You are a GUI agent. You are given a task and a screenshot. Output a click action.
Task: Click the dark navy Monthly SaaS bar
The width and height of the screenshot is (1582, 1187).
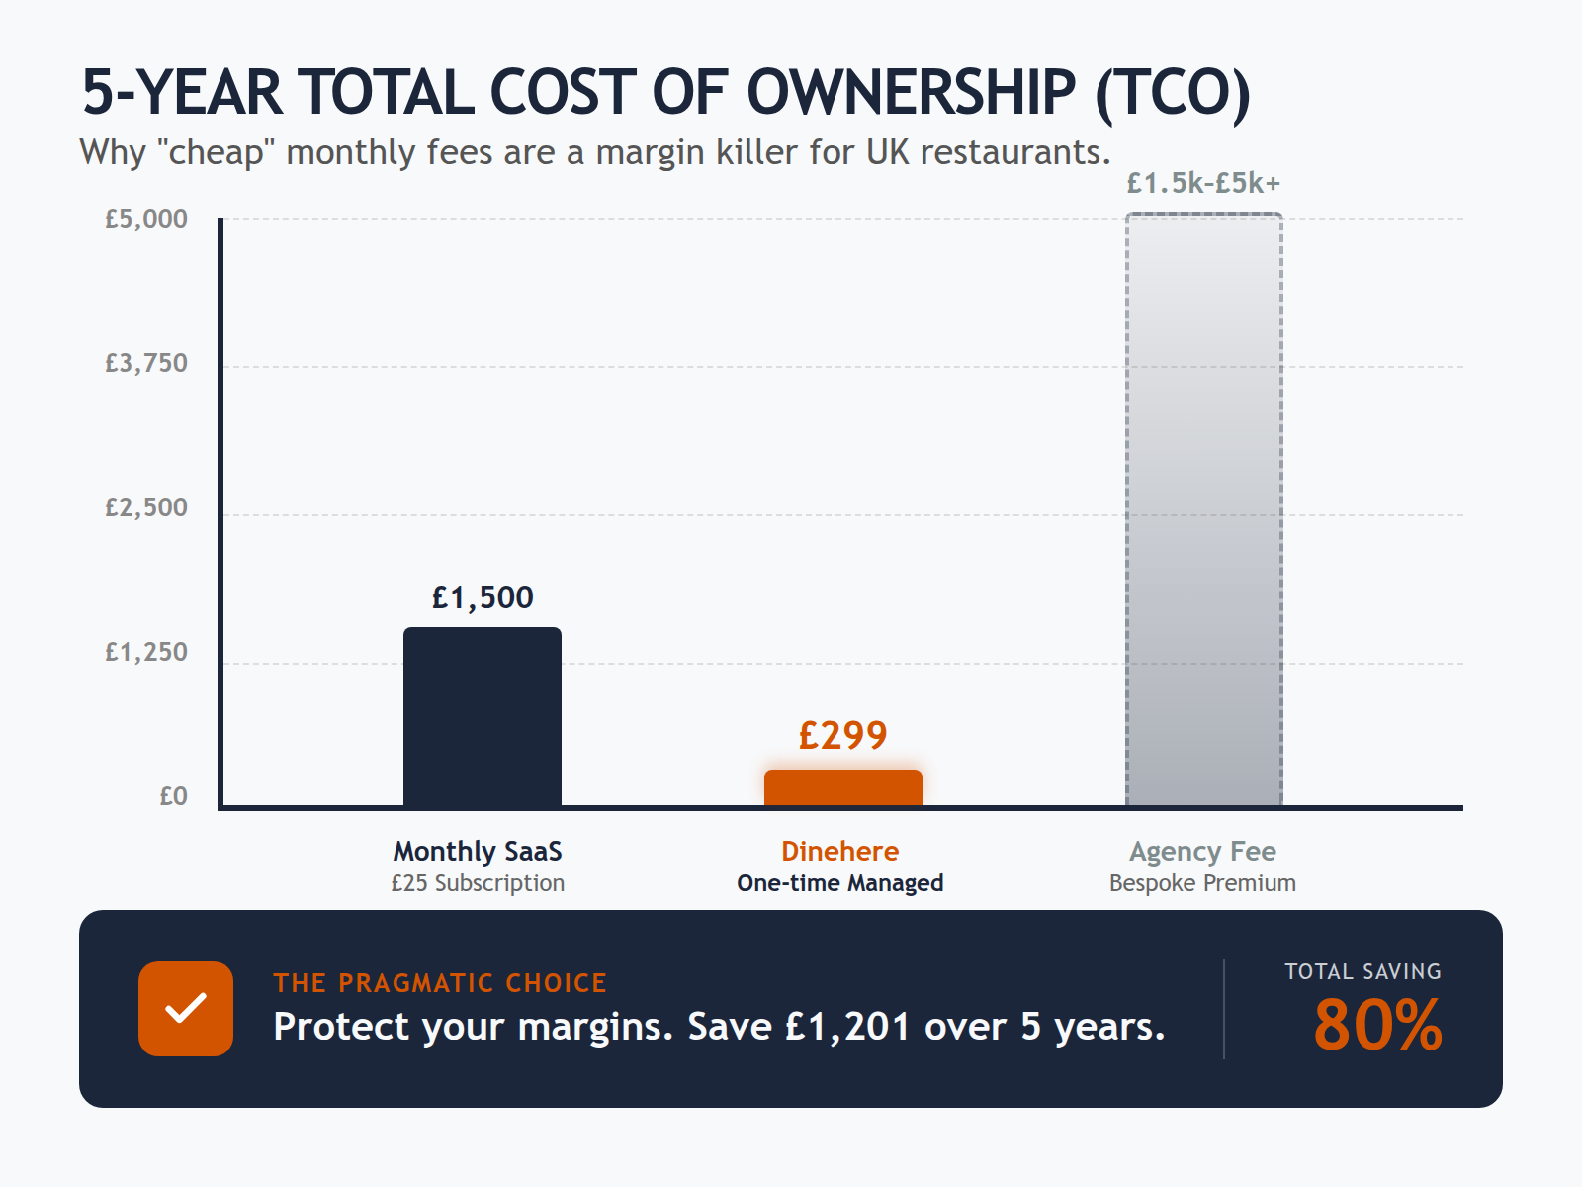pos(483,716)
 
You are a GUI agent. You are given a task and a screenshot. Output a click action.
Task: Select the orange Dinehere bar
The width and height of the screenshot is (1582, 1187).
pos(842,787)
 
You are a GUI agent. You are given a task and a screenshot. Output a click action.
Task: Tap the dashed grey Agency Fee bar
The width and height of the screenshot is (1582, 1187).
pos(1203,509)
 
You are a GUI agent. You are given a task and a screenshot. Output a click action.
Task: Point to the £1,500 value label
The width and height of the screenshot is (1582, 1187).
pos(483,597)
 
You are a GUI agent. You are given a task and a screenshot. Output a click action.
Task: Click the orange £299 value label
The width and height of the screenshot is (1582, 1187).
pos(842,735)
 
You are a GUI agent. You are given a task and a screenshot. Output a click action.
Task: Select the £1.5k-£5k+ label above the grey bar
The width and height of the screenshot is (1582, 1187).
pos(1203,183)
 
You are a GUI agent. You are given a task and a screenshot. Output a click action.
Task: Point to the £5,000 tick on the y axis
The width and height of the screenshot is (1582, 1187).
pos(146,219)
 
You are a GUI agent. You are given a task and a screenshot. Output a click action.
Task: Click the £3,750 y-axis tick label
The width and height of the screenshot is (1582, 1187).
pos(146,363)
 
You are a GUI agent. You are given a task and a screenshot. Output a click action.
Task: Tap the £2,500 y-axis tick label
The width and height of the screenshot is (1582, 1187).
pos(146,507)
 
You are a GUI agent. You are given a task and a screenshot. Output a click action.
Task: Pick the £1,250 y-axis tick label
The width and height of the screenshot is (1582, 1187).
pos(146,652)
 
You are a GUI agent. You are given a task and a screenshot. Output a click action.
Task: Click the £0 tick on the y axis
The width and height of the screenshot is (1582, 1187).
pos(173,796)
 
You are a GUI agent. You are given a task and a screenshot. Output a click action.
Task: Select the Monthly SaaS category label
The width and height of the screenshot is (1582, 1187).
pos(478,851)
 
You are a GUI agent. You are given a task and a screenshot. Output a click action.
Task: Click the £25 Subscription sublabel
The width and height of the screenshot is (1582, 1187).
pos(478,883)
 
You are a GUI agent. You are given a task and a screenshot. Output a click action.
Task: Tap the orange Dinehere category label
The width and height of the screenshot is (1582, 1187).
pos(839,851)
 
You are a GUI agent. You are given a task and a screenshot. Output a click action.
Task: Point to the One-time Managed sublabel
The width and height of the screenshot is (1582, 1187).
pos(839,883)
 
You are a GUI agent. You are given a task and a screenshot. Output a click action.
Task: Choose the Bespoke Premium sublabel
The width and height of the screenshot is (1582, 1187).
pos(1202,883)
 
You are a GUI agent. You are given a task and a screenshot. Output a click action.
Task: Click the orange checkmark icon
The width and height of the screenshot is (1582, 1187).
pos(186,1009)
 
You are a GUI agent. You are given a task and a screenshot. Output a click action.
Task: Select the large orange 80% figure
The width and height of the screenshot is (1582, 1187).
pos(1377,1025)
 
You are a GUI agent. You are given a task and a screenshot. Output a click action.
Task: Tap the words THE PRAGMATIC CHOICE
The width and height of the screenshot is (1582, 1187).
pos(440,983)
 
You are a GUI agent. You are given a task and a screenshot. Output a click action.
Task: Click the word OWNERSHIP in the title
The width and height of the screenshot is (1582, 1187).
pos(911,93)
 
